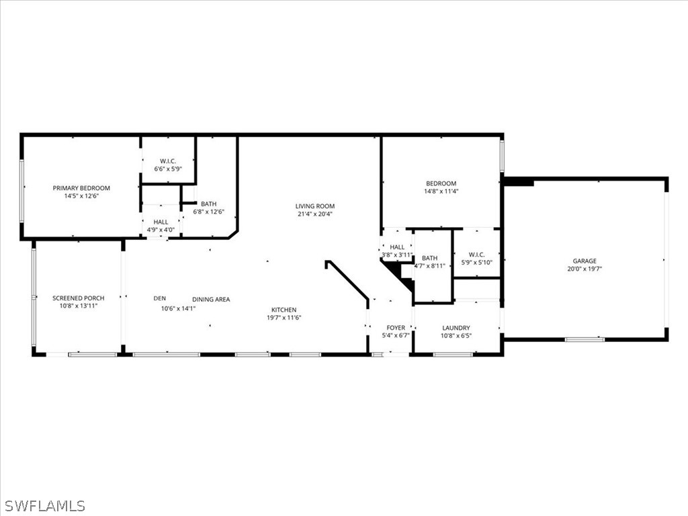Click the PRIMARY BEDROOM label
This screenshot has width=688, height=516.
click(x=81, y=188)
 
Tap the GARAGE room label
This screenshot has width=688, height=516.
click(x=584, y=261)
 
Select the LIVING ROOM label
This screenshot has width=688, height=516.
click(x=314, y=206)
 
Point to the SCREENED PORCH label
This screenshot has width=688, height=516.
click(x=79, y=298)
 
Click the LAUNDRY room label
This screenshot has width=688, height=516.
click(x=456, y=328)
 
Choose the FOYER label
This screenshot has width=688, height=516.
click(x=396, y=328)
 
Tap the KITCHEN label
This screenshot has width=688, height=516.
click(x=284, y=310)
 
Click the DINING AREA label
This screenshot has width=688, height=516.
click(x=211, y=300)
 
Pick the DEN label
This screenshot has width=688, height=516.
click(x=159, y=298)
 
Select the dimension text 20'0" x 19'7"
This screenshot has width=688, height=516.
click(x=584, y=269)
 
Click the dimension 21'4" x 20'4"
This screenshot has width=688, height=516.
click(x=314, y=214)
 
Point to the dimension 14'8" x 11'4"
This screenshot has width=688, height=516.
click(x=441, y=191)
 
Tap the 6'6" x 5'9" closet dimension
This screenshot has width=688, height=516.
click(x=167, y=169)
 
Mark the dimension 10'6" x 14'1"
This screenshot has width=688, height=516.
click(x=177, y=309)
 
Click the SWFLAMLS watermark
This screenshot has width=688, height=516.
click(x=44, y=505)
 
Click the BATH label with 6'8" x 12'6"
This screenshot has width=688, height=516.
click(x=208, y=204)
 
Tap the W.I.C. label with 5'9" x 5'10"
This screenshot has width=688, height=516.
click(x=476, y=255)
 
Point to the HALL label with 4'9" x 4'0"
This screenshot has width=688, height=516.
click(x=161, y=222)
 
